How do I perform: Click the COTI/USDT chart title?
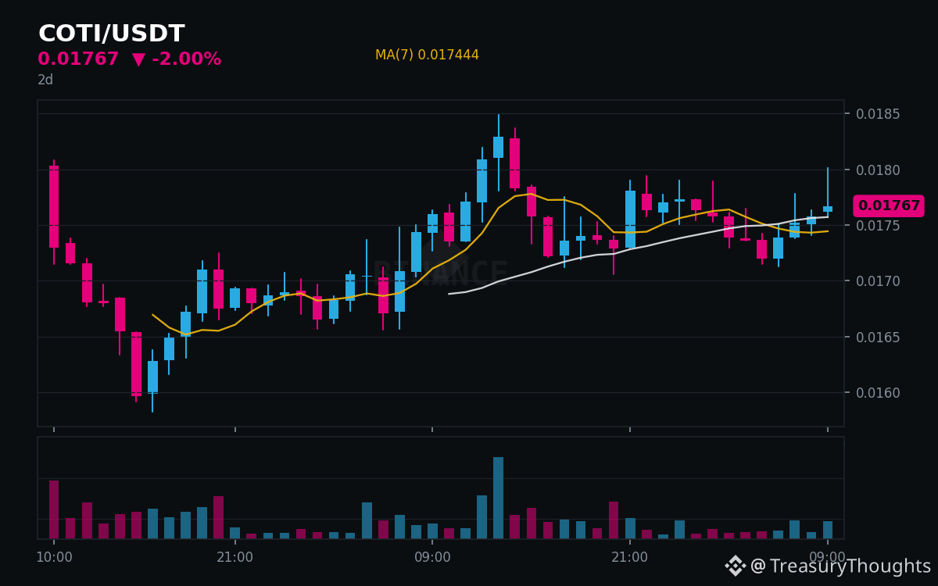point(111,33)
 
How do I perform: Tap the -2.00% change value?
point(186,59)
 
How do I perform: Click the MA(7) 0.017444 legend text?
point(427,55)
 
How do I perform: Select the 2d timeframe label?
point(45,80)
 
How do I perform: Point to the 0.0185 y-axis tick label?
point(878,114)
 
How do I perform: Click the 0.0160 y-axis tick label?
point(878,392)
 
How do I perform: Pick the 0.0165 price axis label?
point(878,337)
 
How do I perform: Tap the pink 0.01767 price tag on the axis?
point(889,205)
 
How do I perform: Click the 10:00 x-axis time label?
point(54,557)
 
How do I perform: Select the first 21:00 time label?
point(235,557)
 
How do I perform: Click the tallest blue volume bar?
point(499,498)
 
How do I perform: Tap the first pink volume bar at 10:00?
point(54,509)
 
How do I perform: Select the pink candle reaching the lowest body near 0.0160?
point(136,364)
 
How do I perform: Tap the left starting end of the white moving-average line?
point(449,294)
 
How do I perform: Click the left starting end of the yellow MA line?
point(152,314)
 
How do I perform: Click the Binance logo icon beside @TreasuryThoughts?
point(736,566)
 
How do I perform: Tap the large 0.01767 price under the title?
point(78,59)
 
